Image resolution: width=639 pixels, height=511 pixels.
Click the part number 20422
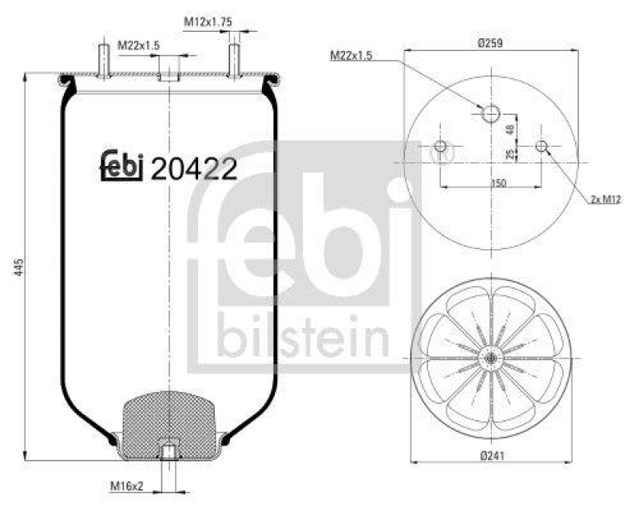coord(193,168)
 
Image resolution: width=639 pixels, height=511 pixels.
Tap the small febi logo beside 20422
coord(121,164)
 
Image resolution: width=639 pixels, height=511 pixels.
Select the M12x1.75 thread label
coord(208,22)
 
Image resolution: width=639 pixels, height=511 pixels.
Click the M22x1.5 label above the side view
coord(139,46)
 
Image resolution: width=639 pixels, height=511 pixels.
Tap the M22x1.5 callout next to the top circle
coord(352,55)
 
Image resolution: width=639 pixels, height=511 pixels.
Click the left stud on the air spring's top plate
coord(105,61)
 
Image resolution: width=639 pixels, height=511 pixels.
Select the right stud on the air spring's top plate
coord(234,61)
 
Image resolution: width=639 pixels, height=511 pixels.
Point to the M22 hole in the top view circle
coord(490,114)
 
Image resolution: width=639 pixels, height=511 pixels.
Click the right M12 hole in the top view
coord(542,146)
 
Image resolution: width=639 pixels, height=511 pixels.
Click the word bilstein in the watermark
coord(303,339)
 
